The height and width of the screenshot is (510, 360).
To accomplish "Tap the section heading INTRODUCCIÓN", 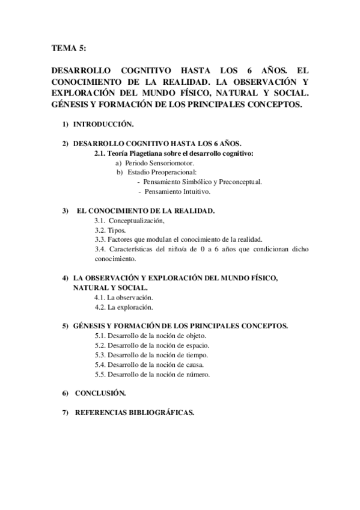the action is tap(103, 124).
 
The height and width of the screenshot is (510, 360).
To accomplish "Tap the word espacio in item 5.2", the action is tap(195, 345).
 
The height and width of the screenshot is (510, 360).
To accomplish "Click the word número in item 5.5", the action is tap(197, 374).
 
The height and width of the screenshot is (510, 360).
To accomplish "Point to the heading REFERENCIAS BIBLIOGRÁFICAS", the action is tap(133, 413).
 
